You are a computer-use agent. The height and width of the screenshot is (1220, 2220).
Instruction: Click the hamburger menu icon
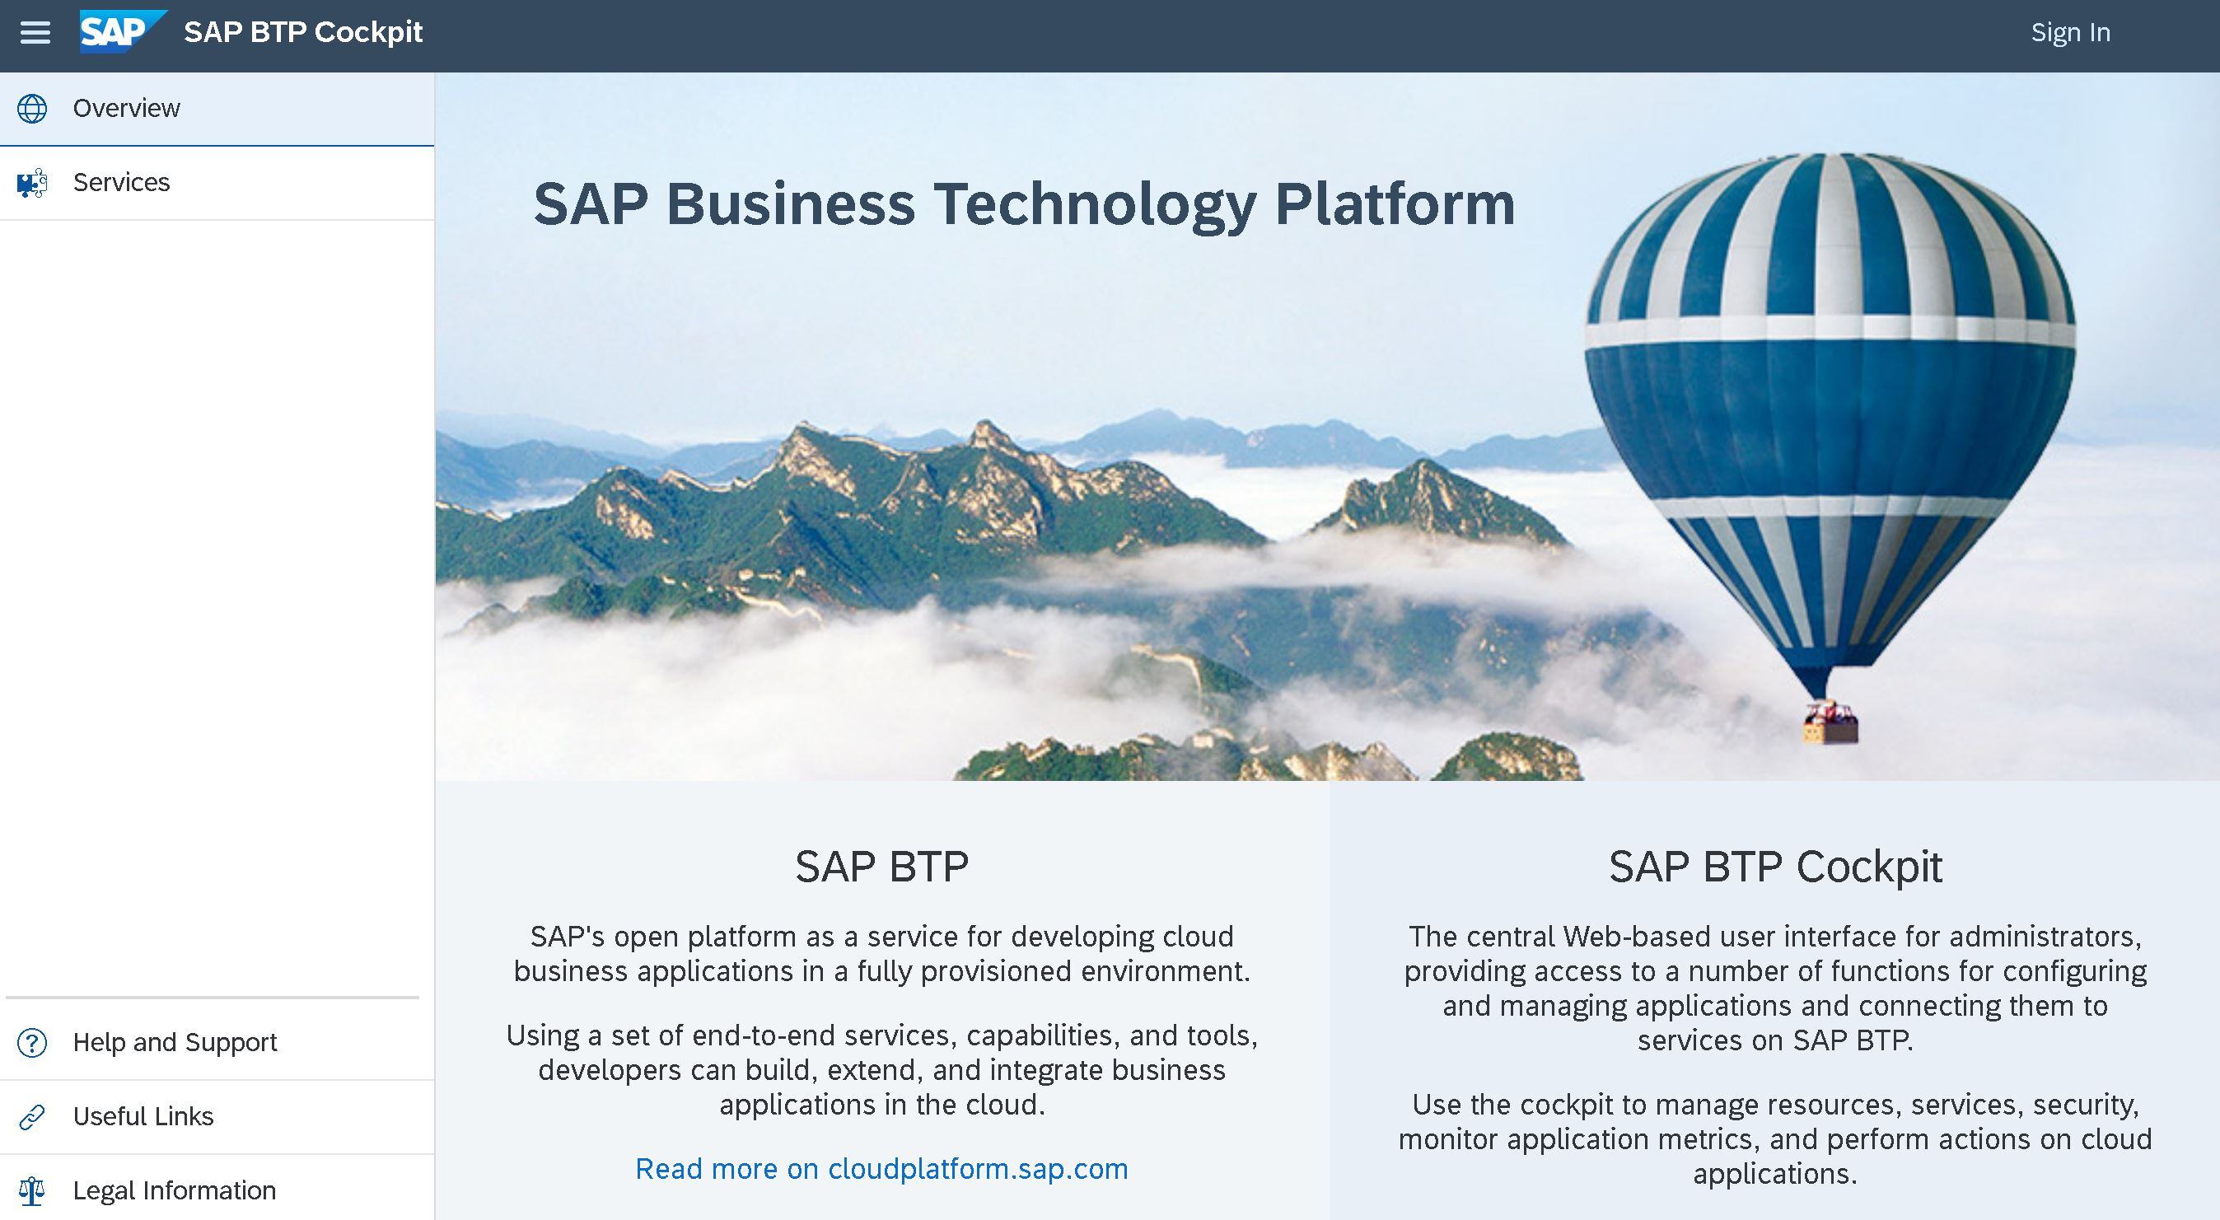click(x=35, y=33)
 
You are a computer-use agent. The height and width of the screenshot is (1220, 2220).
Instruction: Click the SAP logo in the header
click(x=123, y=32)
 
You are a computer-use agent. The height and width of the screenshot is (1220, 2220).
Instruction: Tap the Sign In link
click(x=2070, y=33)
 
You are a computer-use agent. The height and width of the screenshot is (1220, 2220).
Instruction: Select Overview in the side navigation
click(x=127, y=108)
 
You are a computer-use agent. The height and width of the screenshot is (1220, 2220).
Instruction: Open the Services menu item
click(x=122, y=182)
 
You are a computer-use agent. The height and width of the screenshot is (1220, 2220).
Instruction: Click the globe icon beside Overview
click(x=33, y=109)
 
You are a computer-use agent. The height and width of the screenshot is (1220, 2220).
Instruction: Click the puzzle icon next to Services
click(x=33, y=183)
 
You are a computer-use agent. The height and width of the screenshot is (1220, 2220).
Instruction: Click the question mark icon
click(x=33, y=1043)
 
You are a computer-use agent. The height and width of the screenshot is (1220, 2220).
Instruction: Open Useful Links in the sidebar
click(x=143, y=1115)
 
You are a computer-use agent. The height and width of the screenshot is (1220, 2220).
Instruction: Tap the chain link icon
click(x=33, y=1116)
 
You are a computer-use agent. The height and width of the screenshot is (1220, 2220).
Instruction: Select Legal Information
click(x=174, y=1190)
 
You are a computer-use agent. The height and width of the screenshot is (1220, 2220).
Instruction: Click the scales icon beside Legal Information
click(x=33, y=1190)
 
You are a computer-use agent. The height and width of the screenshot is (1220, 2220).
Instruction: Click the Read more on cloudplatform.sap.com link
click(x=881, y=1168)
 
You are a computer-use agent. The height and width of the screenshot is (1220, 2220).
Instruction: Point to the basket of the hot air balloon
click(x=1830, y=724)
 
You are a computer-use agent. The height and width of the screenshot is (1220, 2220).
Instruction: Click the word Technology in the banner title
click(x=1095, y=206)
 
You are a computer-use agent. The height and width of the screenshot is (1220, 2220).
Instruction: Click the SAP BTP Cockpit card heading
click(x=1775, y=866)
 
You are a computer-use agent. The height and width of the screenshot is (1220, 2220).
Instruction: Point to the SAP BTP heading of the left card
click(x=881, y=866)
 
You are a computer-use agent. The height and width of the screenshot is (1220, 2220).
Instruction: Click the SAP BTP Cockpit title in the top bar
click(x=303, y=33)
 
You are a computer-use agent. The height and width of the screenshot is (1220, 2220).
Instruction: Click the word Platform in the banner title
click(x=1395, y=204)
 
